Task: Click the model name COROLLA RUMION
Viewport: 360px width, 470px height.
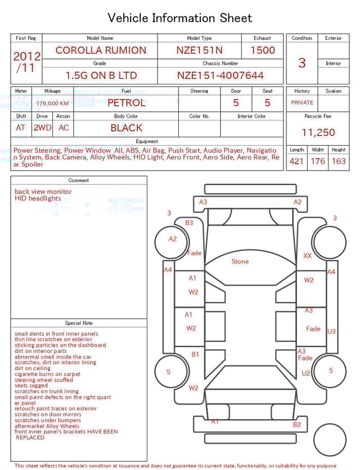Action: click(x=101, y=50)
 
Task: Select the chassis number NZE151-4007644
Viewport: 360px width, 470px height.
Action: click(x=220, y=75)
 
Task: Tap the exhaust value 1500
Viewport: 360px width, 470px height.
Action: click(x=263, y=50)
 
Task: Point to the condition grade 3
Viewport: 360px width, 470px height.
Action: click(x=302, y=62)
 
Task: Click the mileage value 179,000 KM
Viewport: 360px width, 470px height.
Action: click(x=52, y=104)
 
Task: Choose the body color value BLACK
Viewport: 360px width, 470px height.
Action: click(x=127, y=128)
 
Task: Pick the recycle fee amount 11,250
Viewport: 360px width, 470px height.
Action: click(x=318, y=132)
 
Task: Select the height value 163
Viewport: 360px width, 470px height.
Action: click(x=339, y=161)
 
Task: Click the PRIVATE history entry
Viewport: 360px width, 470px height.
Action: click(x=302, y=102)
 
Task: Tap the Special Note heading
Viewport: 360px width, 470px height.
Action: click(x=79, y=323)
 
